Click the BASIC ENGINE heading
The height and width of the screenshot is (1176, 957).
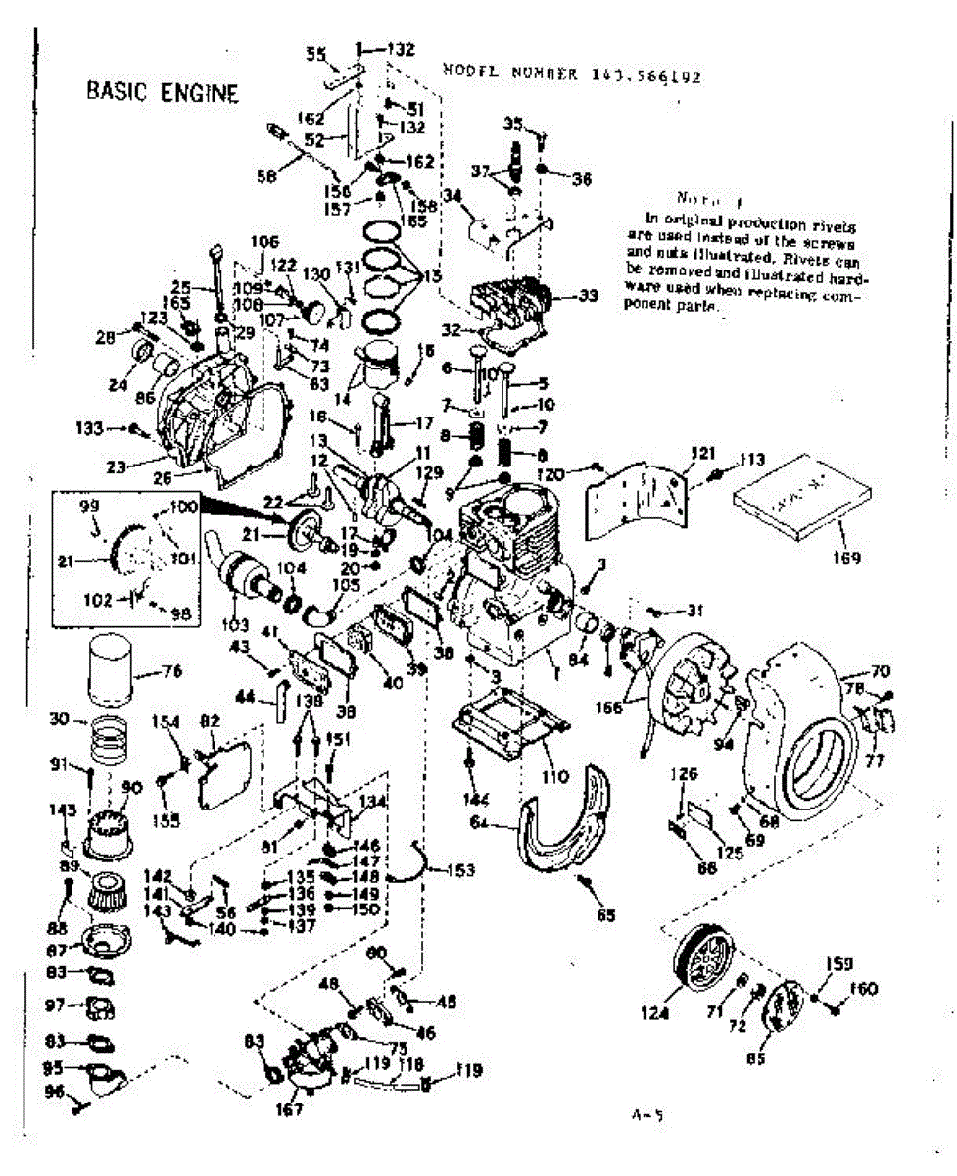tap(163, 92)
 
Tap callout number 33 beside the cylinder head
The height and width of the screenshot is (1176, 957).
tap(588, 295)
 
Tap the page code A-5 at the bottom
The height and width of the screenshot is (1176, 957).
tap(643, 1114)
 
